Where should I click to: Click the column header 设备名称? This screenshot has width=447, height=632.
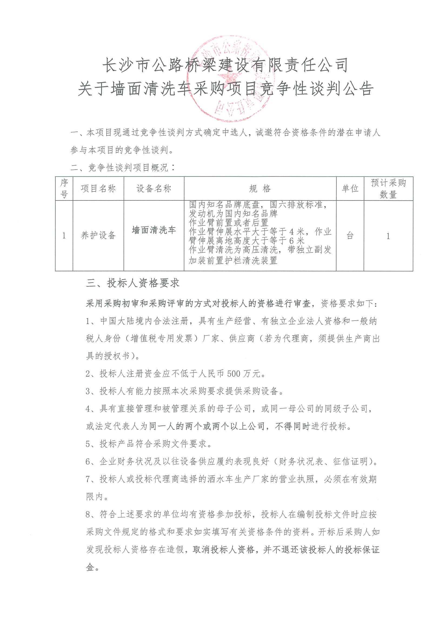tap(154, 189)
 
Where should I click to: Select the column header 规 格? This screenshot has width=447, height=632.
tap(260, 189)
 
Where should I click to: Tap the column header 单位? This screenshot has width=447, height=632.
tap(350, 189)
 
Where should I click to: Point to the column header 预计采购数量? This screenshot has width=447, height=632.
tap(388, 189)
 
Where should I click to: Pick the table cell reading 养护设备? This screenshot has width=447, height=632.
tap(98, 235)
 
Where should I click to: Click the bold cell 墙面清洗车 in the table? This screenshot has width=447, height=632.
tap(154, 230)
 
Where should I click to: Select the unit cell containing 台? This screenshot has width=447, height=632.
tap(350, 236)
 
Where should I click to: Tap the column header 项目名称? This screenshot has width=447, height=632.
tap(98, 189)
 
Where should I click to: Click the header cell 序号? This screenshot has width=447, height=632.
tap(64, 189)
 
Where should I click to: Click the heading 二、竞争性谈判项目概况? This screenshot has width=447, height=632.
tap(123, 168)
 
